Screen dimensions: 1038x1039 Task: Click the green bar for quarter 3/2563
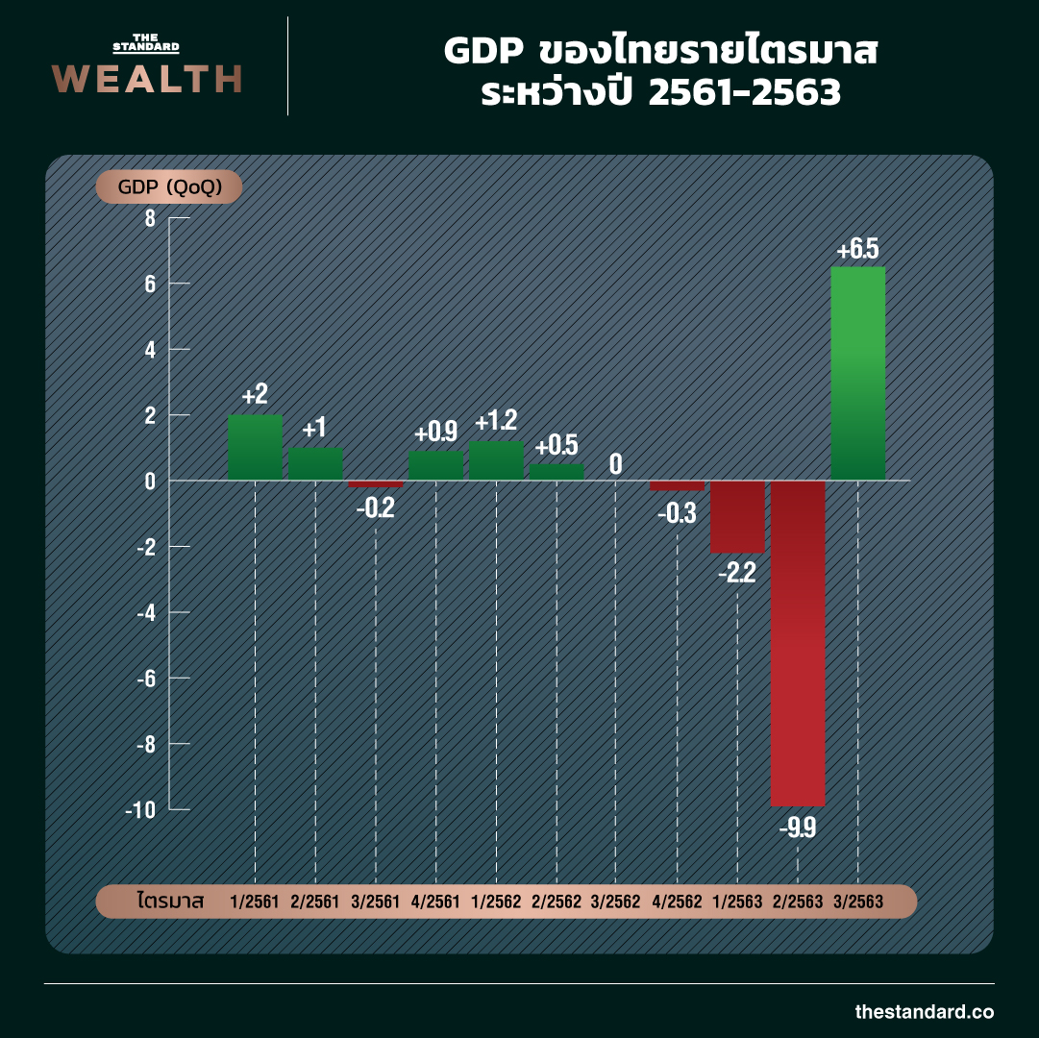pyautogui.click(x=857, y=373)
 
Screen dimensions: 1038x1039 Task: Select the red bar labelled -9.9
pyautogui.click(x=798, y=642)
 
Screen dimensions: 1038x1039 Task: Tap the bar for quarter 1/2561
pyautogui.click(x=255, y=447)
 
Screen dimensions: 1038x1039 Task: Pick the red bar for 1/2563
pyautogui.click(x=737, y=516)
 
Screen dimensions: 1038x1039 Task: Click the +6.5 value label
pyautogui.click(x=857, y=251)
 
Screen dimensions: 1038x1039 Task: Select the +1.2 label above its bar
pyautogui.click(x=496, y=420)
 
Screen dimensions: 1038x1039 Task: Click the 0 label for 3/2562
pyautogui.click(x=615, y=465)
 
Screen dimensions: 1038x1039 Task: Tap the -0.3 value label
pyautogui.click(x=677, y=514)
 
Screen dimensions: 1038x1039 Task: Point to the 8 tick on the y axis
pyautogui.click(x=149, y=218)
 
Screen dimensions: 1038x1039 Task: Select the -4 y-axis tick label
pyautogui.click(x=144, y=612)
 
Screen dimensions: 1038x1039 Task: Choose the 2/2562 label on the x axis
pyautogui.click(x=557, y=902)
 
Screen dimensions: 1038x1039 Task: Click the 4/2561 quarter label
pyautogui.click(x=435, y=902)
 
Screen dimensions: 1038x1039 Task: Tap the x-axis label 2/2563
pyautogui.click(x=798, y=902)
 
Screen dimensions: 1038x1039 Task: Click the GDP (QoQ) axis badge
pyautogui.click(x=168, y=187)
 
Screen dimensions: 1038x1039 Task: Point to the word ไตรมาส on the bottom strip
pyautogui.click(x=171, y=902)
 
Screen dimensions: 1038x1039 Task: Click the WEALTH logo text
pyautogui.click(x=146, y=79)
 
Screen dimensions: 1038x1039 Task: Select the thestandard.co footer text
pyautogui.click(x=925, y=1011)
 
